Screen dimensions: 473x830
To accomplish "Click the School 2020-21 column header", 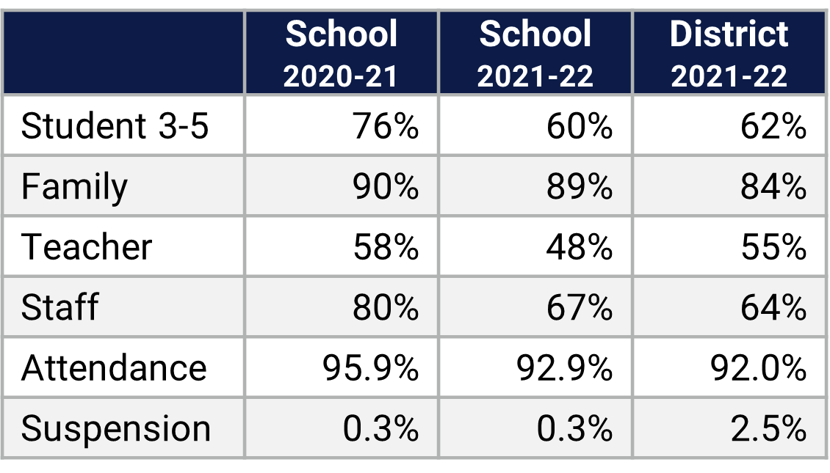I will coord(341,54).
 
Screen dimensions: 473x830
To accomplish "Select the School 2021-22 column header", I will coord(535,54).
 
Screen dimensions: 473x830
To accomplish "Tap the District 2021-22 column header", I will coord(729,54).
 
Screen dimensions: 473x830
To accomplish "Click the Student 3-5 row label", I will coord(115,126).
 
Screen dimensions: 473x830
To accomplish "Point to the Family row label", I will coord(74,186).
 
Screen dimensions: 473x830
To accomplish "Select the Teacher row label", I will coord(87,246).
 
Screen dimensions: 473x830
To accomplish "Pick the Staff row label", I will coord(59,307).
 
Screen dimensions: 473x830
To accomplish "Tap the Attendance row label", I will coord(114,367).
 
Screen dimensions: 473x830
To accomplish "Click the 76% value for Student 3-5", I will coord(386,126).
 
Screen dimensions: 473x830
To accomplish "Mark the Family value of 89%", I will coord(580,186).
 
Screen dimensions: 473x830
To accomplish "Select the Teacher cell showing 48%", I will coord(580,246).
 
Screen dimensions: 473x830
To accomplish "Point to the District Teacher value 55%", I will coord(773,246).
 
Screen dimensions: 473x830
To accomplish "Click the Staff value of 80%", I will coord(386,307).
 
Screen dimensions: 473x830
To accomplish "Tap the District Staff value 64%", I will coord(773,307).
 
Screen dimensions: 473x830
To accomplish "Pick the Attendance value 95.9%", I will coord(370,367).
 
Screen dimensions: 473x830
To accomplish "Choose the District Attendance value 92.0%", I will coord(758,367).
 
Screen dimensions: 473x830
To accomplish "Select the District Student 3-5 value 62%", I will coord(773,126).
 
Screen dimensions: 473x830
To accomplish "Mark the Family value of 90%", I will coord(386,186).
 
